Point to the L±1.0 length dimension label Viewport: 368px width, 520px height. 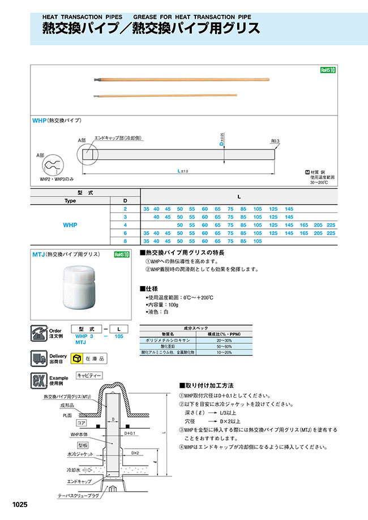[182, 171]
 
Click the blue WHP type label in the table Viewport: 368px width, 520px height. [70, 225]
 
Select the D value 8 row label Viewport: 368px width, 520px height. [125, 241]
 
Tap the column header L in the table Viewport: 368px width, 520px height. [238, 197]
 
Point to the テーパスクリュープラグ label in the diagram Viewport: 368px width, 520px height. [78, 496]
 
